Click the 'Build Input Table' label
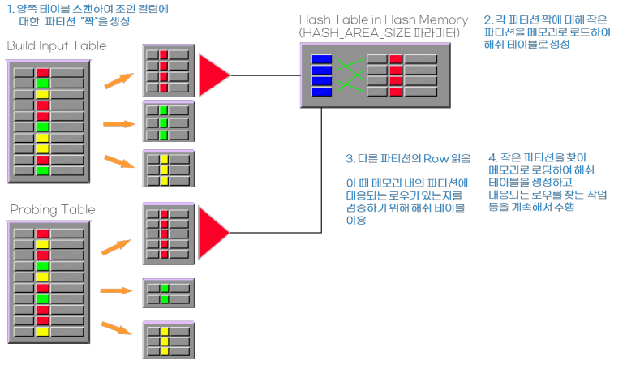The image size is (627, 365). click(x=57, y=46)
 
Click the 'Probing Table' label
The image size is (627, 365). click(x=53, y=210)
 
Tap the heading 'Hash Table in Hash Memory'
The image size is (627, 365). click(x=383, y=19)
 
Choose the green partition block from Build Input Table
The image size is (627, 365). click(x=167, y=122)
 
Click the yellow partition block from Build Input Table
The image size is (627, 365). click(x=167, y=170)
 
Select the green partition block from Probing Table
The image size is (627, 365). click(x=167, y=294)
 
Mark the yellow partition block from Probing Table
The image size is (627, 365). click(x=167, y=341)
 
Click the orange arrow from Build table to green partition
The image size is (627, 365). click(x=118, y=124)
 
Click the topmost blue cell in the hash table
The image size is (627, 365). click(x=322, y=58)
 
